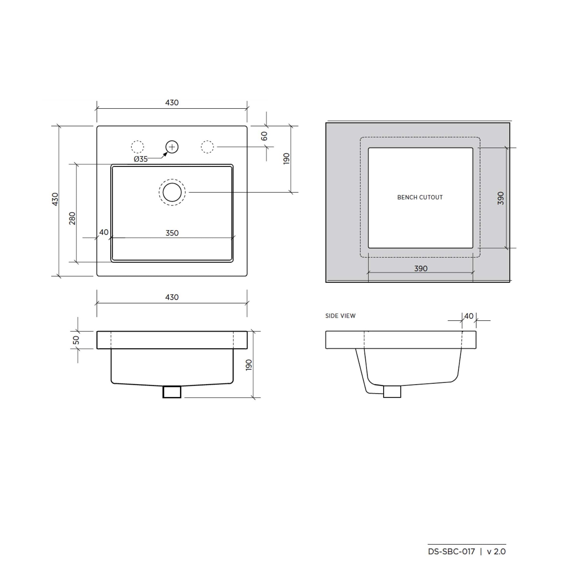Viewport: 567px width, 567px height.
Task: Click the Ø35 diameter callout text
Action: pos(141,159)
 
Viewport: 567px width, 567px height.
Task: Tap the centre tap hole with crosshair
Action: pos(172,147)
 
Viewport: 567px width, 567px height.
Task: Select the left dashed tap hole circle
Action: pos(137,147)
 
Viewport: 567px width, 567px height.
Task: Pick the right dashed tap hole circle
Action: pos(207,147)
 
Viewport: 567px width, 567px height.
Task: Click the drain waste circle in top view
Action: pos(172,192)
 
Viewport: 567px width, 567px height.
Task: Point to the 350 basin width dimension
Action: pos(172,233)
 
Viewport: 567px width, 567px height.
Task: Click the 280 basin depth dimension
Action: pos(72,218)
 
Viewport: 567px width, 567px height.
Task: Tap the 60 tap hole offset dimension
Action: pos(264,136)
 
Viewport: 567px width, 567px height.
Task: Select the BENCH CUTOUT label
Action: pos(420,197)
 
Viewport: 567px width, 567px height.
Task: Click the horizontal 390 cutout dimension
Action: pos(421,268)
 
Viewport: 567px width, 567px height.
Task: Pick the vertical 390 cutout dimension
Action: pos(501,198)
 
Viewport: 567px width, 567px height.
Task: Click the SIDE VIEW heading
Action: pos(340,316)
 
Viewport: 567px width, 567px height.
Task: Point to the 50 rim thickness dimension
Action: pos(76,340)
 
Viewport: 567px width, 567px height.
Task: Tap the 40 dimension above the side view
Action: pos(469,316)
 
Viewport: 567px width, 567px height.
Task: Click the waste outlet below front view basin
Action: pos(172,392)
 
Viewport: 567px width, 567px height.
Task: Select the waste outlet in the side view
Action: pos(392,392)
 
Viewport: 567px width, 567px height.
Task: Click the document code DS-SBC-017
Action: pos(451,551)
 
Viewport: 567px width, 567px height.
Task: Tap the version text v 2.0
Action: pos(496,551)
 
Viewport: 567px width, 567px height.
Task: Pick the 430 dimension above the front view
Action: pos(172,297)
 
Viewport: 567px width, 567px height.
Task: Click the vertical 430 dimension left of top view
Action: pos(55,199)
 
